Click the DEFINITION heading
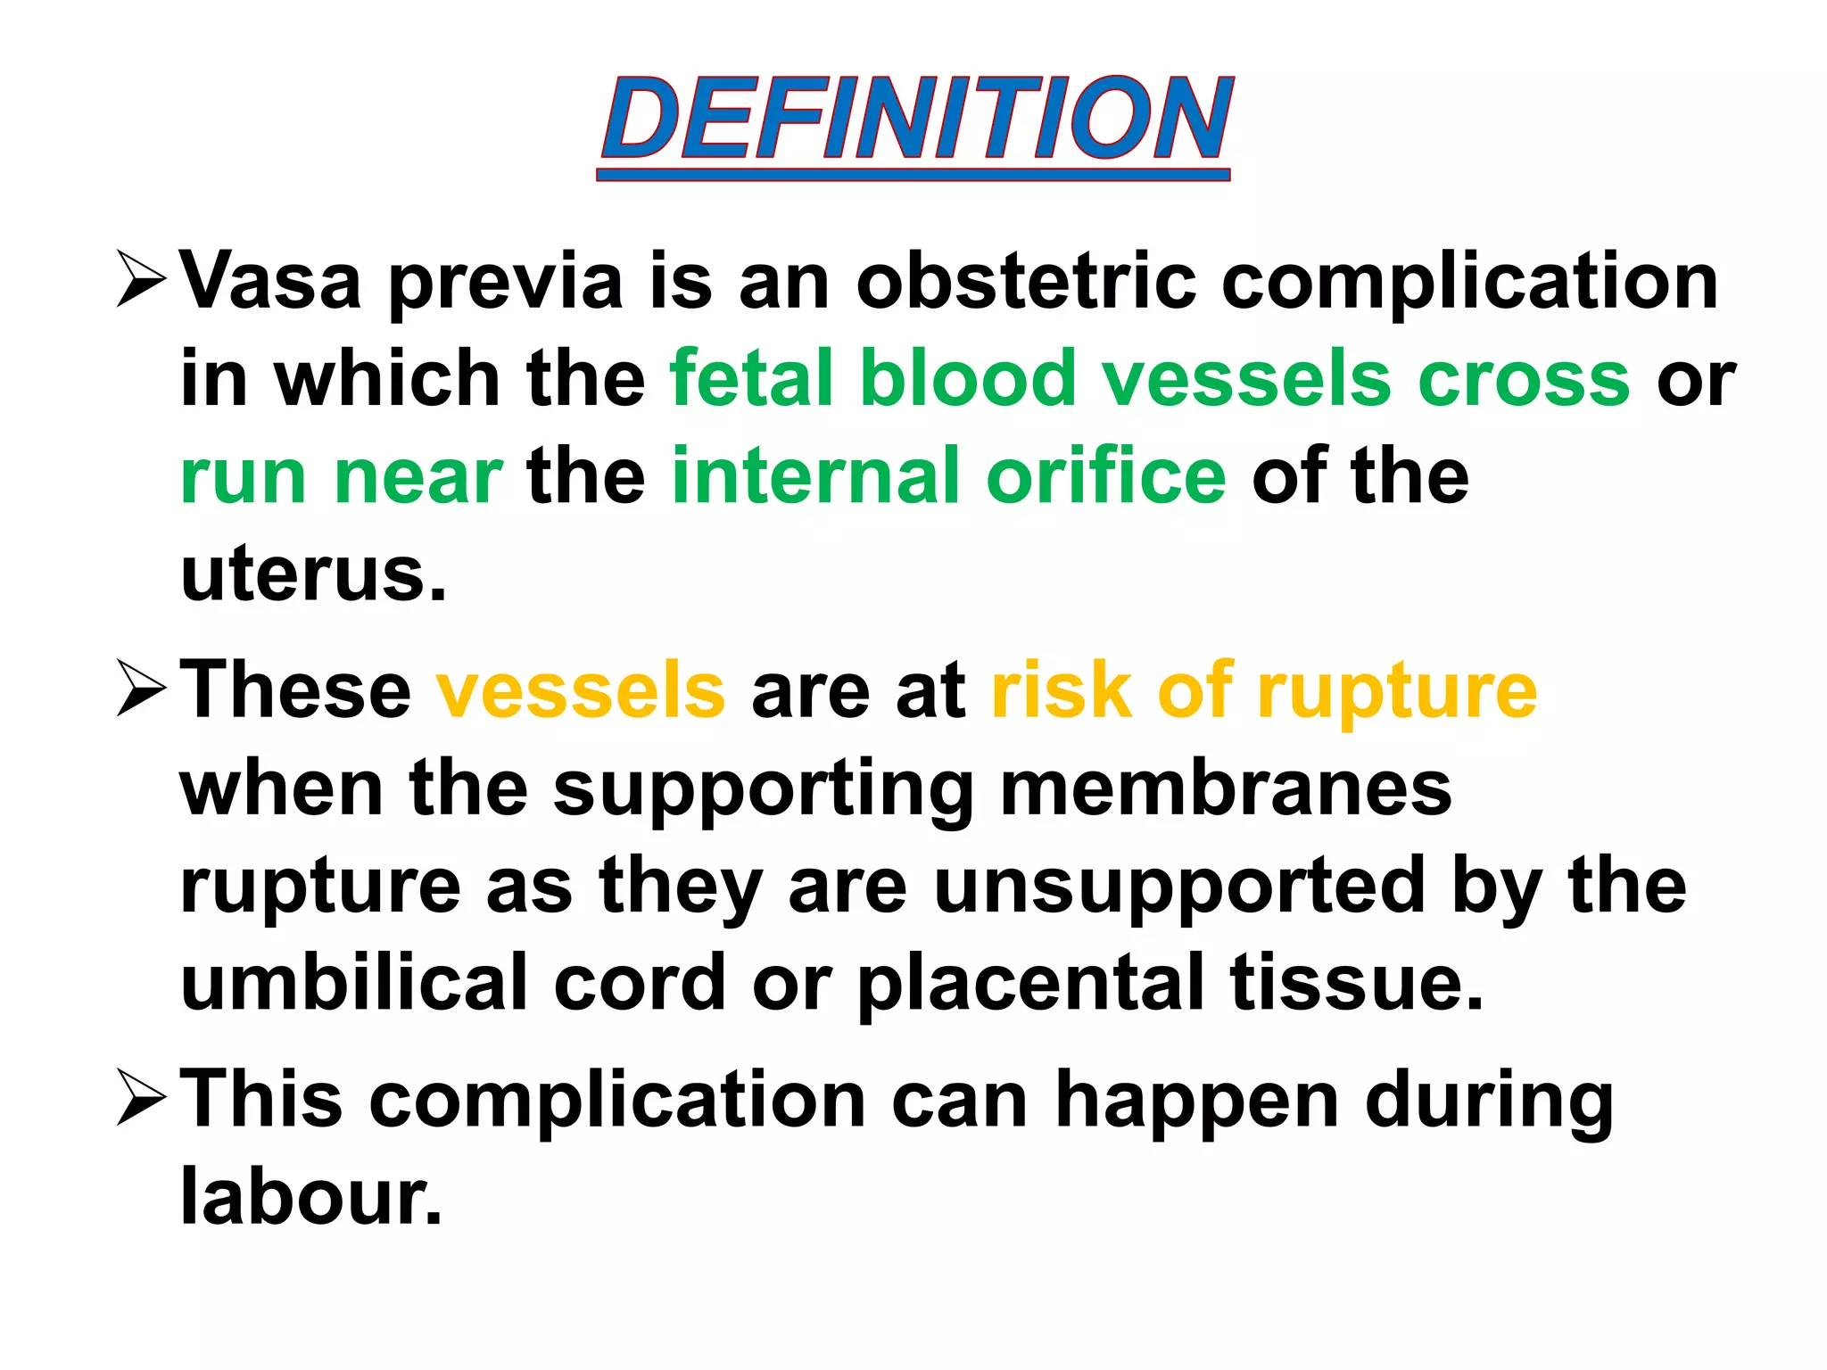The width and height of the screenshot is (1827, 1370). click(915, 120)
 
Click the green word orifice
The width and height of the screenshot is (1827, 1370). click(1105, 476)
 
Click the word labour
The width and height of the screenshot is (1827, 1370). click(311, 1196)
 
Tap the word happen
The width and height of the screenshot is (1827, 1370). click(1196, 1100)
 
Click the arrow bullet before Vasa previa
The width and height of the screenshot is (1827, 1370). click(142, 280)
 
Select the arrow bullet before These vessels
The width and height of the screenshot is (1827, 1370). click(142, 689)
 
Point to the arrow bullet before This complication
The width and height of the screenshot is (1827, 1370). click(142, 1098)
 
